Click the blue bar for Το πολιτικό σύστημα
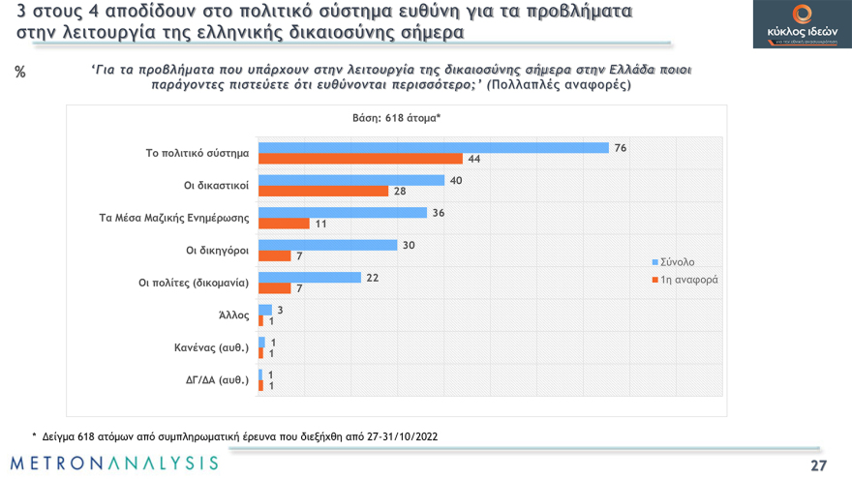434,147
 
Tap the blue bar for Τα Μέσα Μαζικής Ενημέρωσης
343,212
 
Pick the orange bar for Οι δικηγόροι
275,255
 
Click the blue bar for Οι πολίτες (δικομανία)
310,278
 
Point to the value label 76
621,147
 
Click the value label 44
474,159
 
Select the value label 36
438,212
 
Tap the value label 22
372,278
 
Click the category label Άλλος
234,315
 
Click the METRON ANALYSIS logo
115,463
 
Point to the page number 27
818,465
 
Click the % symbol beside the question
20,73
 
